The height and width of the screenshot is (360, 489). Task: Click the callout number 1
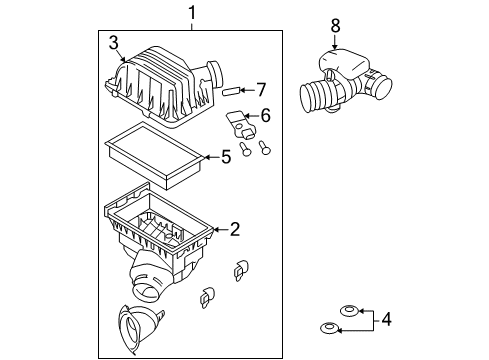point(192,13)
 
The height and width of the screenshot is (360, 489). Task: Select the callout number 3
point(114,43)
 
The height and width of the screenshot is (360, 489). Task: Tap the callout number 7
point(261,90)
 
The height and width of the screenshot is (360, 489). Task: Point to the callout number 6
point(266,116)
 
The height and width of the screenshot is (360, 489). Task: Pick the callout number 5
point(226,157)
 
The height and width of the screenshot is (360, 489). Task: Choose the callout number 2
point(235,229)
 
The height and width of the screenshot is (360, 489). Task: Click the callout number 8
point(335,26)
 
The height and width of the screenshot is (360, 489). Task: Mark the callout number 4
point(386,320)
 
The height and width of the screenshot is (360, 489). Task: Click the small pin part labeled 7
point(230,90)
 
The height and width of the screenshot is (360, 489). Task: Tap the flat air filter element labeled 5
point(154,155)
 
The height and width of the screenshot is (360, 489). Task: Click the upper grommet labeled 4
point(349,311)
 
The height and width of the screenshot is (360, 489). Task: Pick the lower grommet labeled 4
point(329,328)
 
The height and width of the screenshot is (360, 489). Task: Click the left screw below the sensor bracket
point(245,149)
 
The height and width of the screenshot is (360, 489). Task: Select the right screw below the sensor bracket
point(265,148)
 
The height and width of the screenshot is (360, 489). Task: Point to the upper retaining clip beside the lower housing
point(241,269)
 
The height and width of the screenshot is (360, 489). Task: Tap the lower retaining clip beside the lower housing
point(207,296)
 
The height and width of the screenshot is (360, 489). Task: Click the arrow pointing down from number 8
point(335,43)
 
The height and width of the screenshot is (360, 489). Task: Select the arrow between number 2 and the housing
point(221,229)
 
